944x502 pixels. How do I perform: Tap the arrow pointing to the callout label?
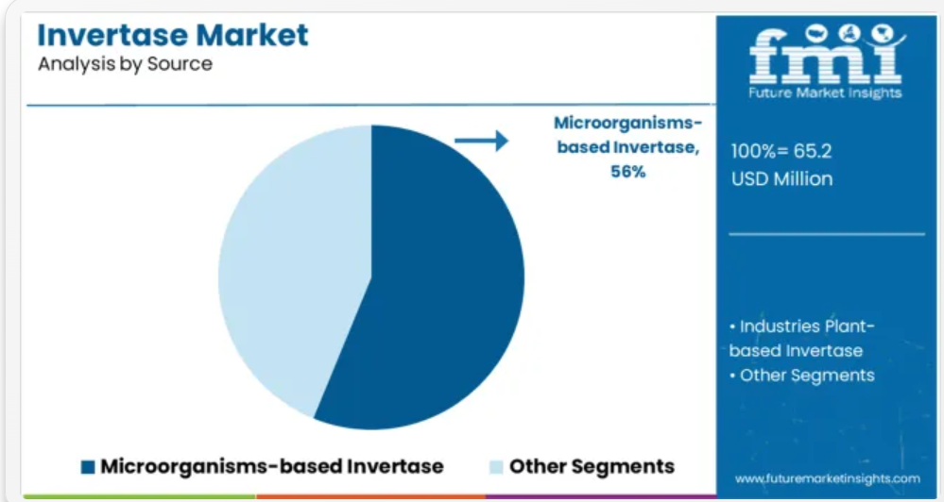point(481,141)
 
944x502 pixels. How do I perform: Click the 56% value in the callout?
point(628,172)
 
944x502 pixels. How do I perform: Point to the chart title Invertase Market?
point(173,35)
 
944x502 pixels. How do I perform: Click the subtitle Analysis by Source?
point(126,64)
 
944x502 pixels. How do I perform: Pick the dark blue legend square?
point(88,467)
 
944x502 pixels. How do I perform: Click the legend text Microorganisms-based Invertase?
point(272,466)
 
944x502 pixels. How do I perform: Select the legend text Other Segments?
point(592,466)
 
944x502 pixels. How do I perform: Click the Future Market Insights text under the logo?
point(825,92)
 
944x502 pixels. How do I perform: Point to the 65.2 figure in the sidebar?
point(813,151)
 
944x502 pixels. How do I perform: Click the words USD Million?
point(782,178)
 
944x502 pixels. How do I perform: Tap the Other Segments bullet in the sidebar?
point(802,376)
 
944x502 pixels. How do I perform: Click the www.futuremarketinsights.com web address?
point(827,479)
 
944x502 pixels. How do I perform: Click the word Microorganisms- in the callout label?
point(628,123)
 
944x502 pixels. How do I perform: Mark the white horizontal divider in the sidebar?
point(827,234)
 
